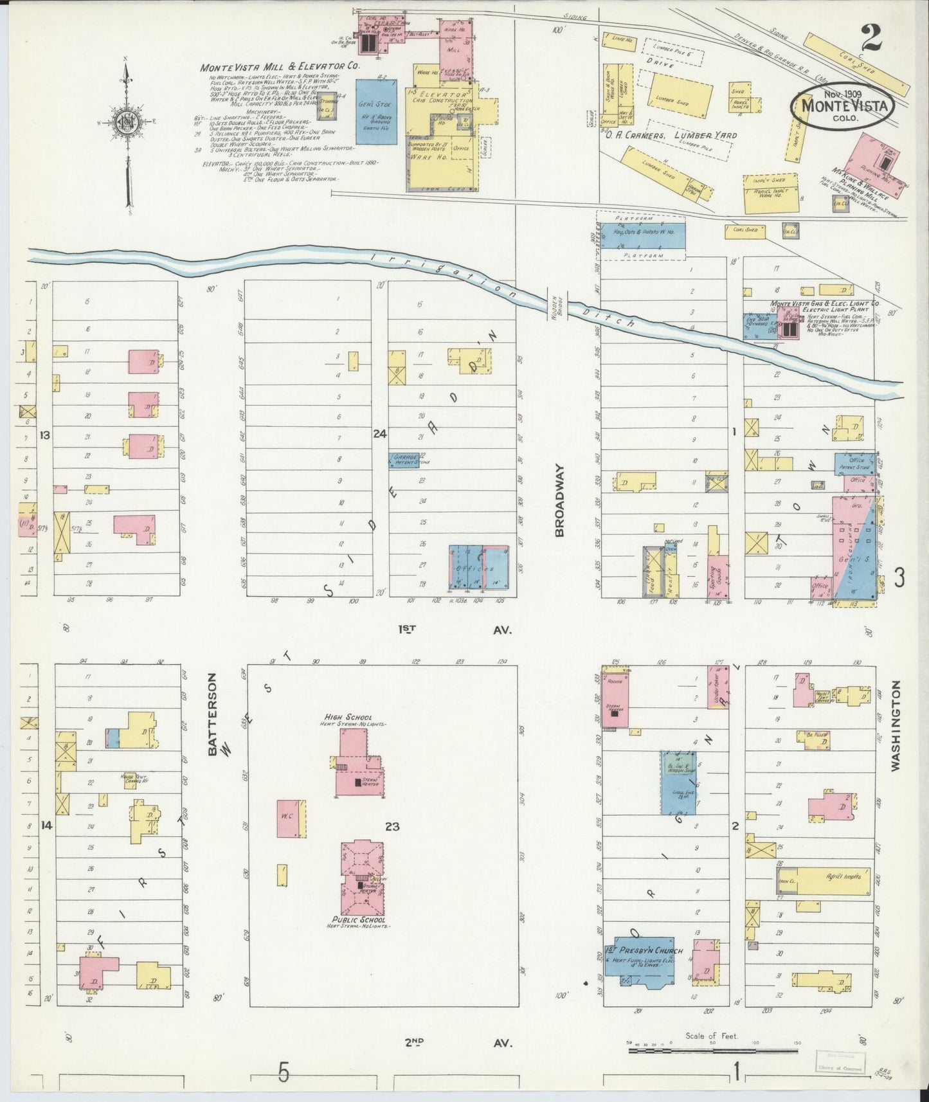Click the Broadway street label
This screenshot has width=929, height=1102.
click(x=559, y=501)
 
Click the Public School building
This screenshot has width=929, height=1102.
click(x=363, y=879)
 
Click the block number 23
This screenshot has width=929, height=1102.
click(x=392, y=826)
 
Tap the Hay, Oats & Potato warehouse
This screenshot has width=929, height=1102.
click(x=641, y=236)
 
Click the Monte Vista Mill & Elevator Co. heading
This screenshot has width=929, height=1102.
click(x=280, y=67)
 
